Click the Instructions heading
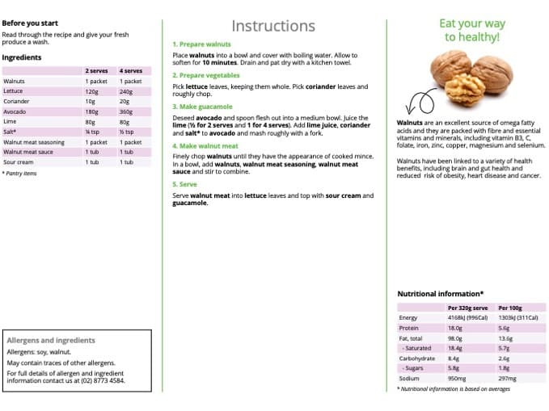point(273,26)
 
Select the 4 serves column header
point(130,71)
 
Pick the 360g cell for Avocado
point(125,111)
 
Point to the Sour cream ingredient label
point(19,161)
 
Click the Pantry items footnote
point(19,173)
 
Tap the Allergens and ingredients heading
point(50,341)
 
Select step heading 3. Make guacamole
point(202,107)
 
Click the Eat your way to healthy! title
point(472,31)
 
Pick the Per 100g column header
point(510,308)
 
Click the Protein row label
point(409,328)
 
